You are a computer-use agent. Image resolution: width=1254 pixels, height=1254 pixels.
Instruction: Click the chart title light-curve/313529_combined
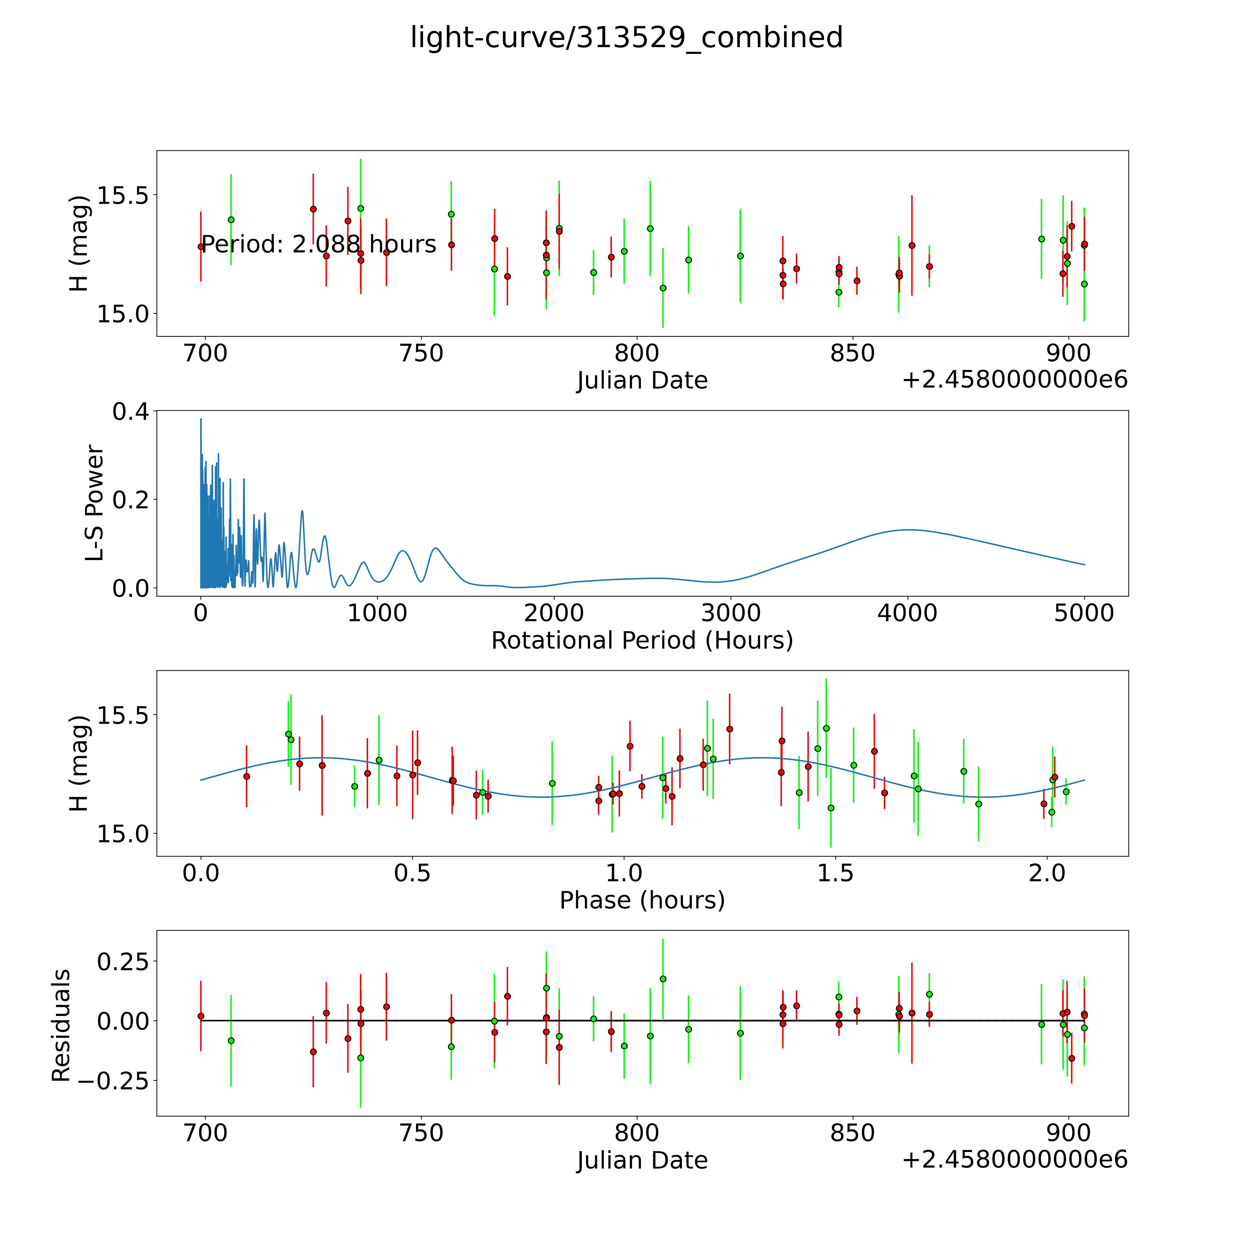(626, 38)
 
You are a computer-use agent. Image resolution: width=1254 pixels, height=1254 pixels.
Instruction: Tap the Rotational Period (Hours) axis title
(642, 641)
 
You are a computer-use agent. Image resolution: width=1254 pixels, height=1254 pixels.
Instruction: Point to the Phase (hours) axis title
(642, 900)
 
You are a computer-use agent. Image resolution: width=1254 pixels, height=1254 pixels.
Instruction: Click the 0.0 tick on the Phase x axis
(201, 873)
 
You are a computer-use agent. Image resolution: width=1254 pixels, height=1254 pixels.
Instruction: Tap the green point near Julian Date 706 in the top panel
(231, 220)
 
